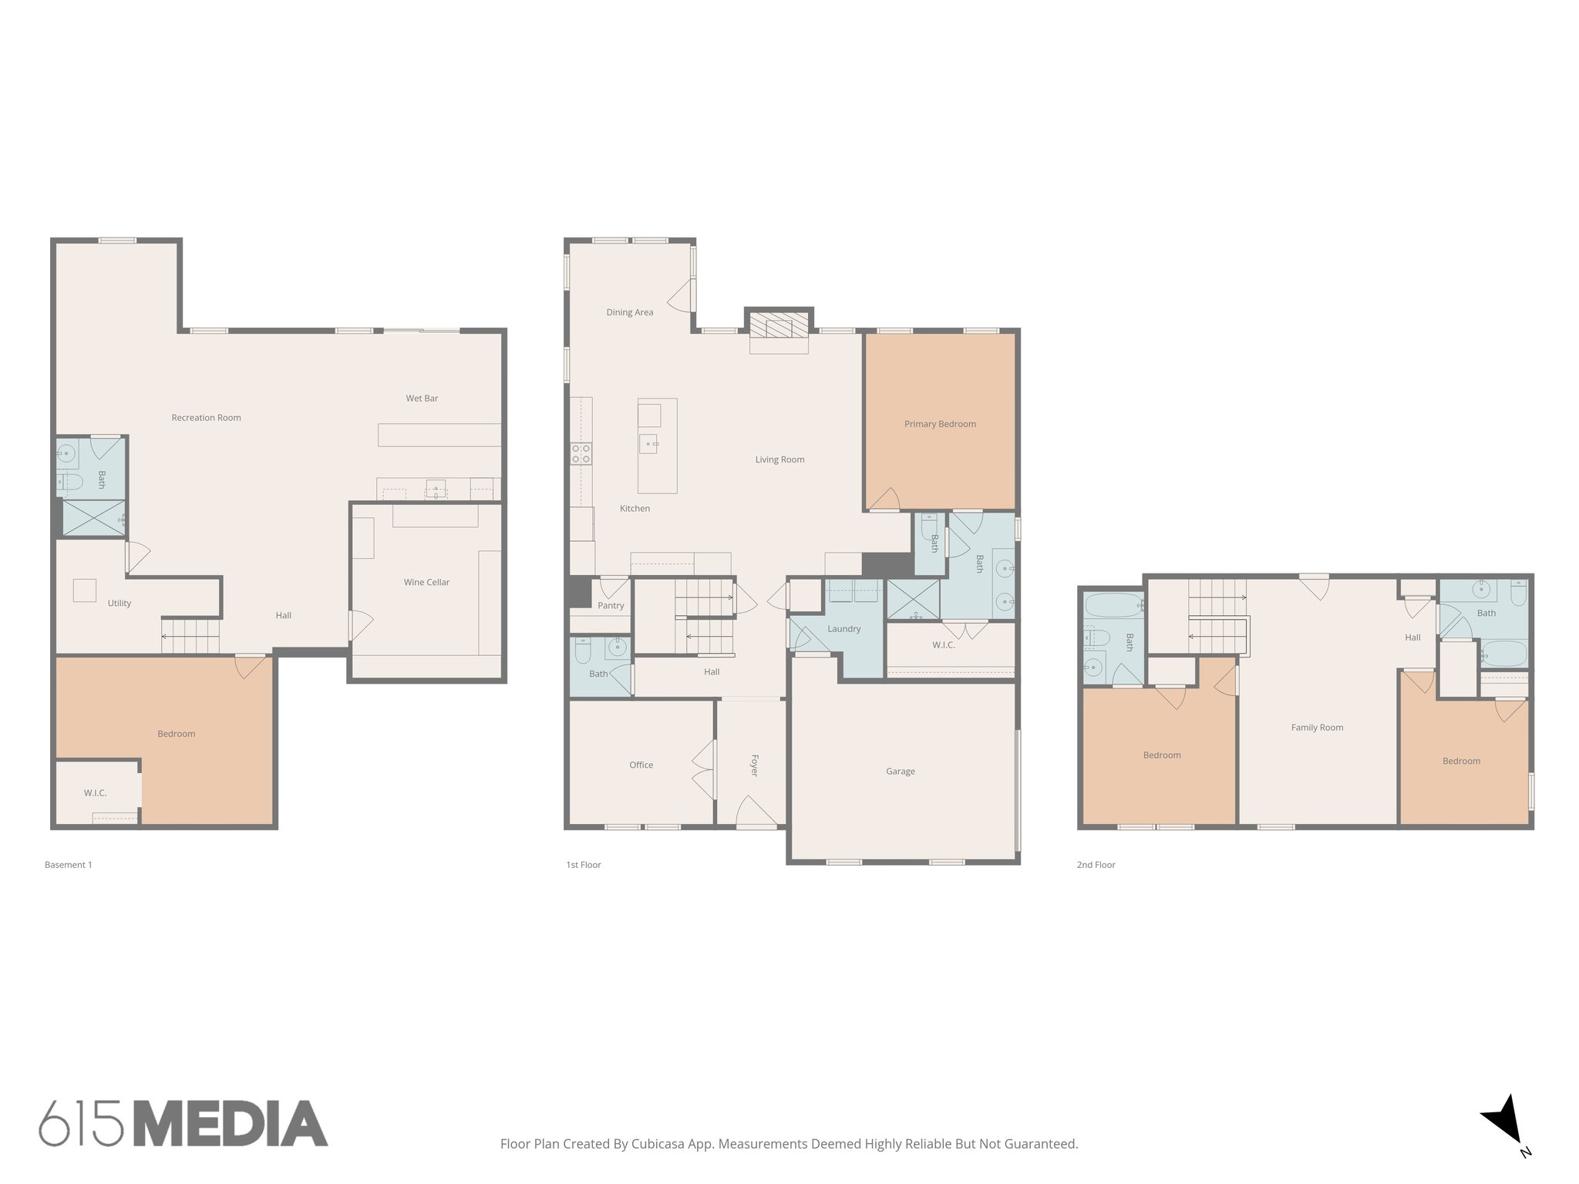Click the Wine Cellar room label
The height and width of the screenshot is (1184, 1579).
(426, 582)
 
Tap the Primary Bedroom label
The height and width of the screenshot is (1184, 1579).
(940, 424)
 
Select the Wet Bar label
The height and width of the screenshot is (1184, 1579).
(422, 399)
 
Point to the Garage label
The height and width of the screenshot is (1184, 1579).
(900, 771)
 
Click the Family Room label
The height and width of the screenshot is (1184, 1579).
(1317, 727)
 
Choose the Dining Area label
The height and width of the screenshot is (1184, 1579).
(629, 312)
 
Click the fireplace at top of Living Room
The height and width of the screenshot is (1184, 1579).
(779, 327)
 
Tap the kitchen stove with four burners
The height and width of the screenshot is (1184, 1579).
(581, 453)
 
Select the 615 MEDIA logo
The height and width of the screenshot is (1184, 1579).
(183, 1123)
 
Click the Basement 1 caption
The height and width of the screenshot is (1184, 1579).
(68, 865)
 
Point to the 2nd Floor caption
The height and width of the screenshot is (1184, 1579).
(1096, 865)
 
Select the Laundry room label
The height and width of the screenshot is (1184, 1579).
(843, 629)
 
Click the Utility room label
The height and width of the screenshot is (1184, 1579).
(119, 604)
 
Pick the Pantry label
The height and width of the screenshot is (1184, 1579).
(611, 606)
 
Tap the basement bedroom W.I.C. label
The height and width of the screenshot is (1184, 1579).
(95, 793)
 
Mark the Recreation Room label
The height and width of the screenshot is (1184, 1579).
(206, 418)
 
